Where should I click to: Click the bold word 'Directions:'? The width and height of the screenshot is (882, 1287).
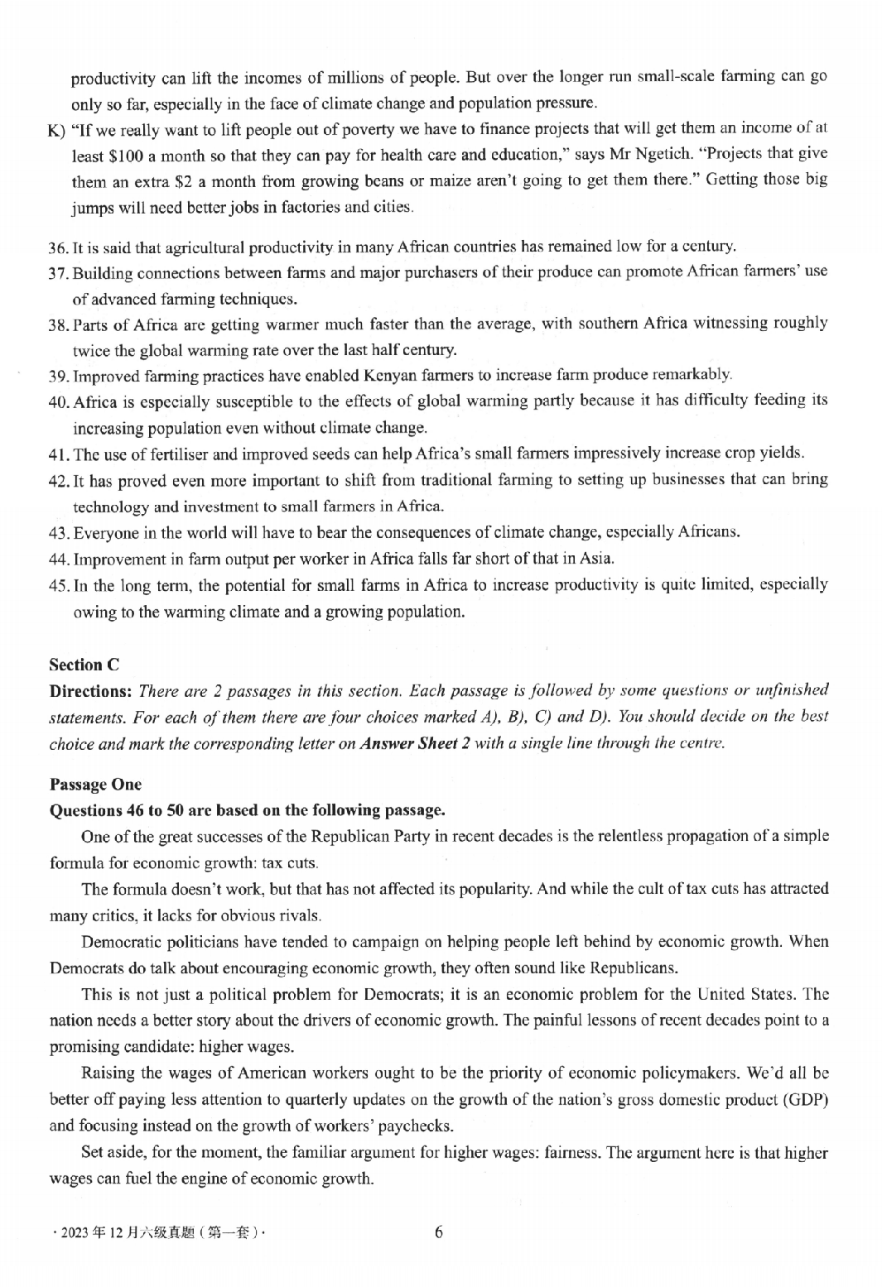[91, 691]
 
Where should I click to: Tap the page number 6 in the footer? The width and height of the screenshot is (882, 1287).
[438, 1232]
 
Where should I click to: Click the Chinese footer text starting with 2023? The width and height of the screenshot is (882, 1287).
[158, 1232]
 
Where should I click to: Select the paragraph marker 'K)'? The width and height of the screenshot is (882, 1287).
[57, 130]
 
